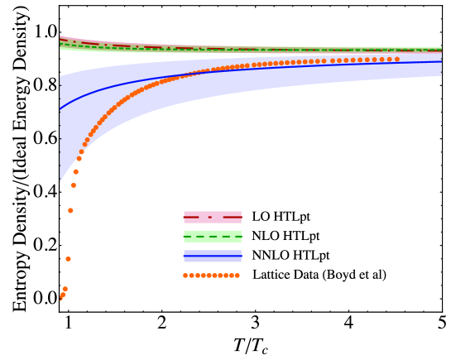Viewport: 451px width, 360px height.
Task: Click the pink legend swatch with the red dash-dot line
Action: point(213,217)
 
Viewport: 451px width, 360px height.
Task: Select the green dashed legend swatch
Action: point(213,237)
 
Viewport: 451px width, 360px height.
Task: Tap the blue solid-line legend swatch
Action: point(213,256)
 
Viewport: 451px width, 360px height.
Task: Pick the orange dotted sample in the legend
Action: point(212,276)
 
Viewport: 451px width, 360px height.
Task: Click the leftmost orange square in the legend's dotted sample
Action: point(185,276)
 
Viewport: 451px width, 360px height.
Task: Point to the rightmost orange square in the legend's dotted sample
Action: point(237,276)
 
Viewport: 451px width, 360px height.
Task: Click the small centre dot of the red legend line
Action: point(210,217)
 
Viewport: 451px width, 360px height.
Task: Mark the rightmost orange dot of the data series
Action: point(397,60)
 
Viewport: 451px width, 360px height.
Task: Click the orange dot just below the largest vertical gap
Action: point(68,259)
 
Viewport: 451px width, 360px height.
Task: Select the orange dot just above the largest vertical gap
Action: point(70,211)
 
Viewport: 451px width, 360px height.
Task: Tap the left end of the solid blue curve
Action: point(60,108)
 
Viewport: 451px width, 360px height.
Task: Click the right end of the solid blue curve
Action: point(441,62)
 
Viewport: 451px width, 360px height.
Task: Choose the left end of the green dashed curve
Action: point(60,45)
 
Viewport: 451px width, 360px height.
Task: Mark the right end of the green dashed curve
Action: point(441,50)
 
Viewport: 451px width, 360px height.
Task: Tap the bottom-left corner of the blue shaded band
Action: point(60,182)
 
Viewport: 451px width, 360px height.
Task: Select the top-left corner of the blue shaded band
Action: point(60,78)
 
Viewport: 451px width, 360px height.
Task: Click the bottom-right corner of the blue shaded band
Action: point(441,76)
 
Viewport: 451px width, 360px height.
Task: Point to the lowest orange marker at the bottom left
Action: point(61,298)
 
